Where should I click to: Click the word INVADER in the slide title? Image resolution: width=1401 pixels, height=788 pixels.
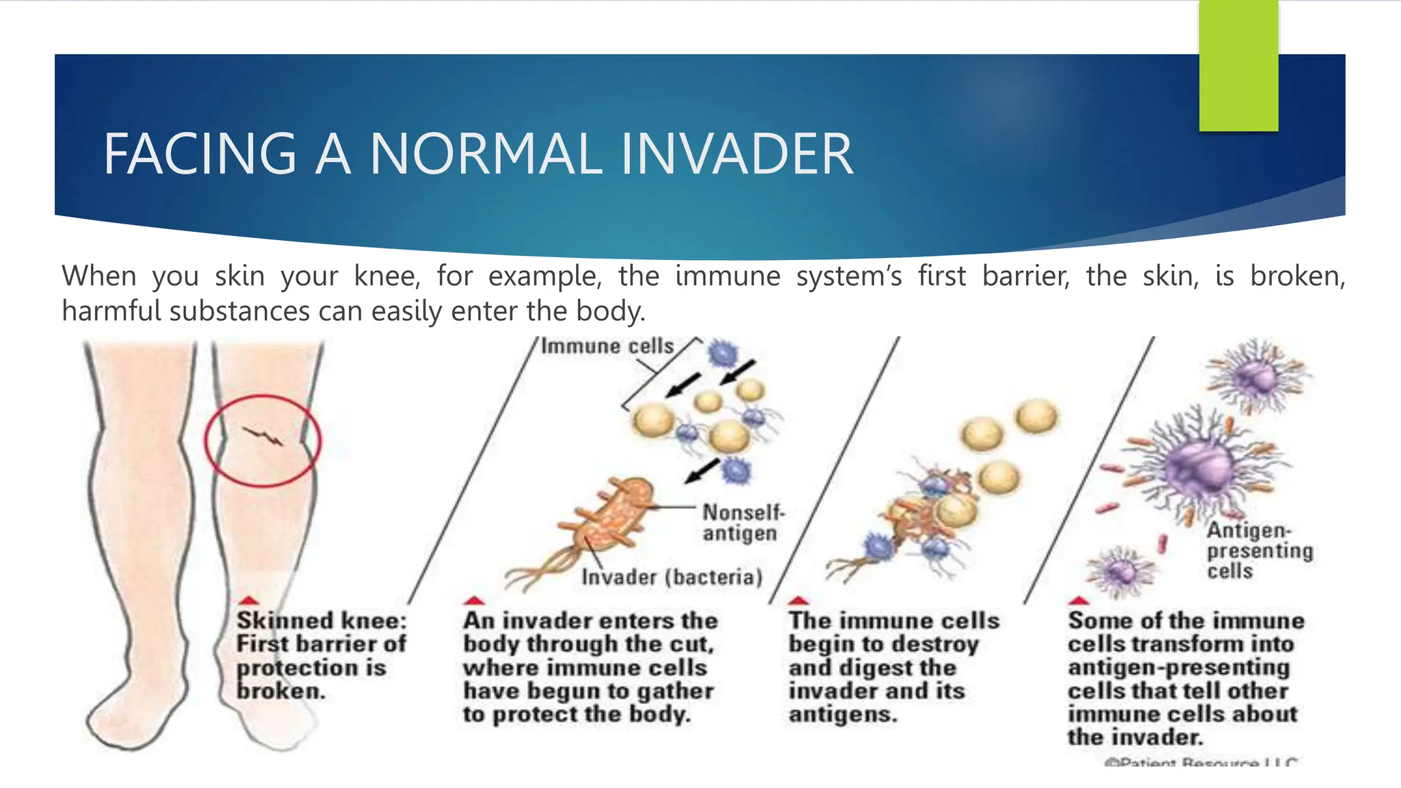[x=737, y=154]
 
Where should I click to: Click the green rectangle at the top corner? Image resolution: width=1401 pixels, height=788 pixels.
[x=1238, y=65]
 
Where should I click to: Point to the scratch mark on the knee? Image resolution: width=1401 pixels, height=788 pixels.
[x=263, y=436]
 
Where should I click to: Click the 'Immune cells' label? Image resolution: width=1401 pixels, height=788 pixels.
[x=607, y=346]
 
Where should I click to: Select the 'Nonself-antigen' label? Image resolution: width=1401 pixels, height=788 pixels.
[x=742, y=523]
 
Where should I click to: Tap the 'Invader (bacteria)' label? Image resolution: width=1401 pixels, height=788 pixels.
[x=672, y=577]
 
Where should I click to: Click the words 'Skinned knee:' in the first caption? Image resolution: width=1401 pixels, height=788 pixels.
[x=322, y=620]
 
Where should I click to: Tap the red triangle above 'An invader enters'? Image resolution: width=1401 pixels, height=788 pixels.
[x=474, y=601]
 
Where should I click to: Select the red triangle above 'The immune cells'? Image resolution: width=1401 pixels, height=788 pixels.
[x=798, y=601]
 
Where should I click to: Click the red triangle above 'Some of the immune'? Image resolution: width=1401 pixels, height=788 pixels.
[x=1078, y=601]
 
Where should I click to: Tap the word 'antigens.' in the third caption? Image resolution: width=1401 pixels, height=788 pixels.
[x=842, y=715]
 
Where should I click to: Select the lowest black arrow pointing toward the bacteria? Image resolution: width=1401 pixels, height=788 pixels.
[x=703, y=471]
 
